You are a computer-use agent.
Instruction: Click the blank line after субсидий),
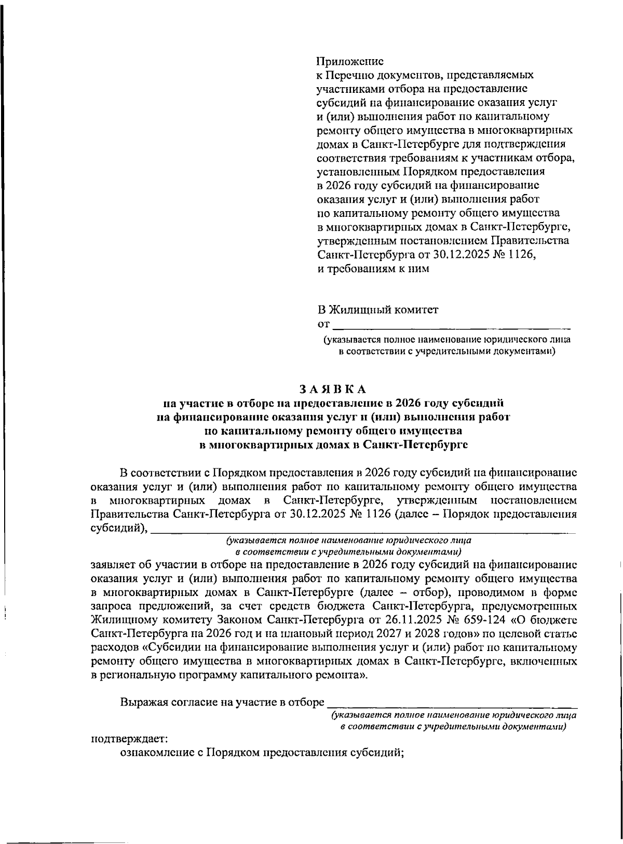(x=363, y=531)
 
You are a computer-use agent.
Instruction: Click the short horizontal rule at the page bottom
(x=65, y=828)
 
